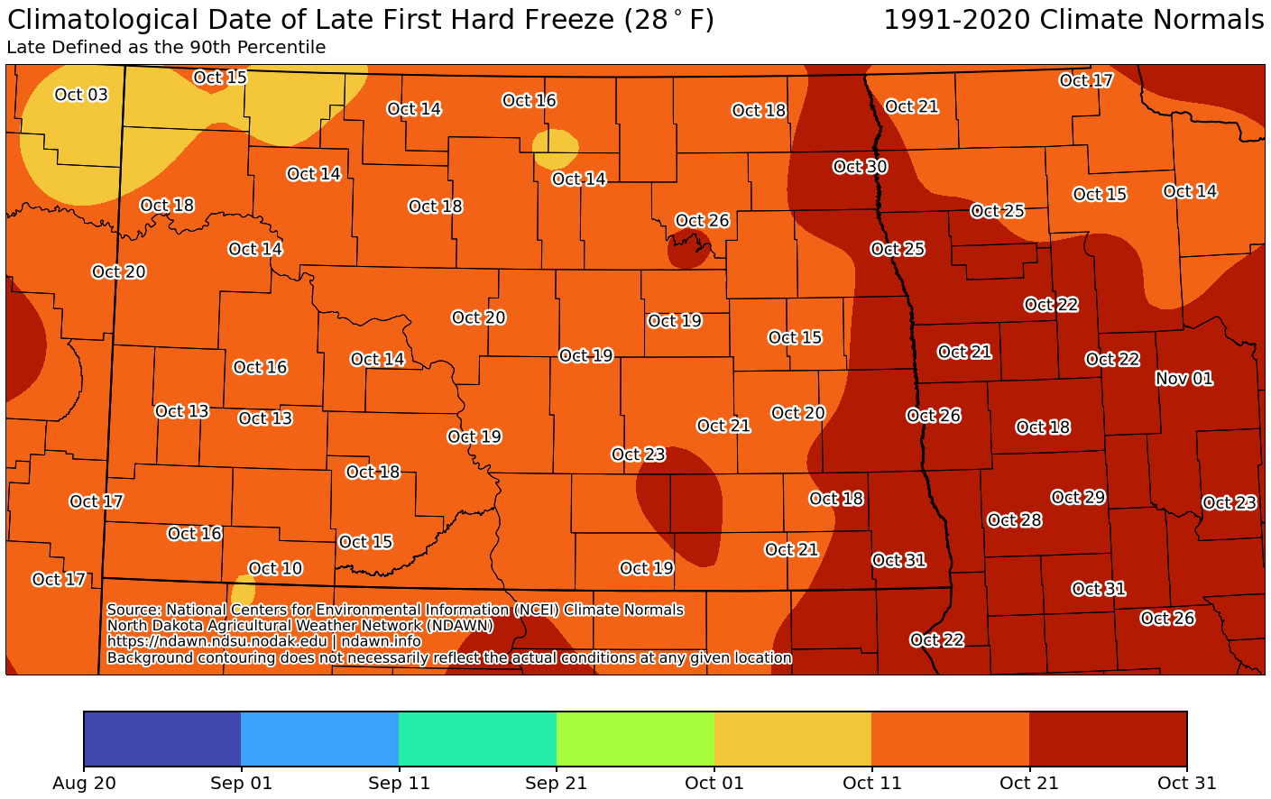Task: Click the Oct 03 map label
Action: pyautogui.click(x=81, y=95)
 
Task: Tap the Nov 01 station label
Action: pyautogui.click(x=1184, y=379)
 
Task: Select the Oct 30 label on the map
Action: pyautogui.click(x=860, y=167)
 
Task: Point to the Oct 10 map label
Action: pyautogui.click(x=275, y=568)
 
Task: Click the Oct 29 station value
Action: pyautogui.click(x=1078, y=498)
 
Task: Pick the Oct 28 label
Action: pyautogui.click(x=1015, y=520)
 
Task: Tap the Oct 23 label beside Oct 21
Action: pyautogui.click(x=638, y=455)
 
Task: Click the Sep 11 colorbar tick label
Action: pyautogui.click(x=398, y=784)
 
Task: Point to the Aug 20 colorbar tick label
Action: pyautogui.click(x=84, y=784)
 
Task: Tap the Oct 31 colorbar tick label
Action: pyautogui.click(x=1186, y=784)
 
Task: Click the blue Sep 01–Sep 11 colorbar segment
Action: pyautogui.click(x=319, y=739)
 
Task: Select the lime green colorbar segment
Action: pyautogui.click(x=635, y=739)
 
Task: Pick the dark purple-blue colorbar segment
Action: pyautogui.click(x=162, y=739)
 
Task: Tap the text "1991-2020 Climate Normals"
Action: pyautogui.click(x=1073, y=20)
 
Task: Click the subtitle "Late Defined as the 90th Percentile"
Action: pyautogui.click(x=166, y=48)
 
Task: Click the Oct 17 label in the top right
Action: pyautogui.click(x=1086, y=80)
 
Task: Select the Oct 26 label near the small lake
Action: pyautogui.click(x=702, y=221)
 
